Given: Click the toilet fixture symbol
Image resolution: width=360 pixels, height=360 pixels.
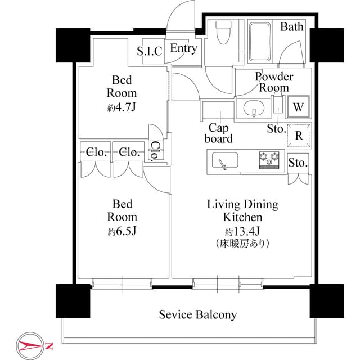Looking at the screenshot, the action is (223, 33).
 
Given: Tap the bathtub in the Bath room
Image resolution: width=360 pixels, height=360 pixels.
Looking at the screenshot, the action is (260, 42).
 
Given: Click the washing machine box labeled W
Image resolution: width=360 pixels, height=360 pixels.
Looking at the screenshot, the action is (299, 107).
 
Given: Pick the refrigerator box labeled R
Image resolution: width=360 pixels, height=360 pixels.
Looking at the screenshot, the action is (299, 136).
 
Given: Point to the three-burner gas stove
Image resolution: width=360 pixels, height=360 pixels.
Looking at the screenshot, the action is (269, 160).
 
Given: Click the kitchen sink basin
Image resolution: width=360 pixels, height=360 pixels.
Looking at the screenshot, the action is (225, 160).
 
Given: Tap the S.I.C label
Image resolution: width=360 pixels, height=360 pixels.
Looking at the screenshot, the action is (150, 51).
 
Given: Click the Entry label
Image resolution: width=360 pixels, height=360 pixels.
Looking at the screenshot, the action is (184, 48).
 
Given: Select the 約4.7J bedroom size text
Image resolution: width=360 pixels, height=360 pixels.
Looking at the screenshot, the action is (122, 107).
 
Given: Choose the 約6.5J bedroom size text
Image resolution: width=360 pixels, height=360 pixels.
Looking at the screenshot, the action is (122, 231).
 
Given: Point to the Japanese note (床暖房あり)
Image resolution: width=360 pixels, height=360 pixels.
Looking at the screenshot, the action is (242, 244).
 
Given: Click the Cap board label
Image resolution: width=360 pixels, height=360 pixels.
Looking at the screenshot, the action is (219, 133).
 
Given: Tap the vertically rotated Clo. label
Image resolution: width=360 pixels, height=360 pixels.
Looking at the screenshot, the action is (155, 150).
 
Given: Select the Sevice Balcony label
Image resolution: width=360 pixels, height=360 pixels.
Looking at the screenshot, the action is (198, 314).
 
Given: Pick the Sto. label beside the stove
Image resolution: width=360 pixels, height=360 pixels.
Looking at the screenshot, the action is (298, 163).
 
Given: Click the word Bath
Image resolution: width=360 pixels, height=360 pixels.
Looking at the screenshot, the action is (292, 26).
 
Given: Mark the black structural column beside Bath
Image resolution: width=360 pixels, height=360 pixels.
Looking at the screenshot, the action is (327, 45).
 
